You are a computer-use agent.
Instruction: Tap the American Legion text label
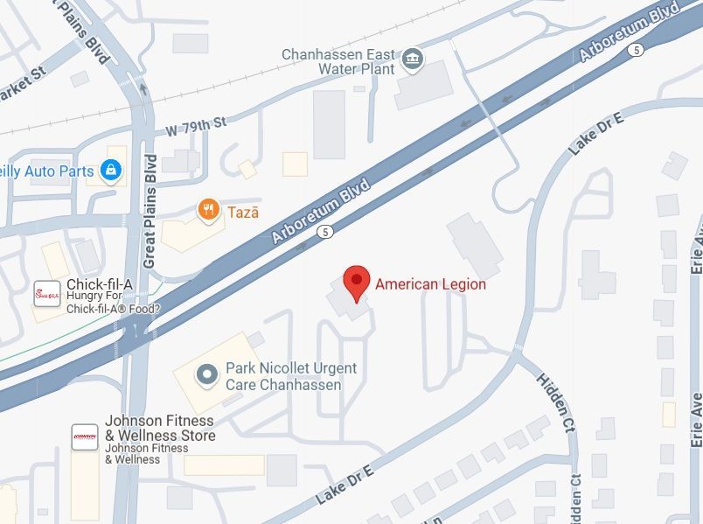coord(430,283)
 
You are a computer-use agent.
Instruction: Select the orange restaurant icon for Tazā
coord(208,209)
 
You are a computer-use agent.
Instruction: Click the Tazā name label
coord(243,211)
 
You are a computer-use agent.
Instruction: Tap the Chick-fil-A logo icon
coord(45,294)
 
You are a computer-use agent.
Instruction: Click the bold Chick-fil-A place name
coord(100,287)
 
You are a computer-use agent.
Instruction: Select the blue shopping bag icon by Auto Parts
coord(110,171)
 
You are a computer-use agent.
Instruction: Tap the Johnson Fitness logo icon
coord(85,437)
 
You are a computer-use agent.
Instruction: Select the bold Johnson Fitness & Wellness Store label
coord(159,428)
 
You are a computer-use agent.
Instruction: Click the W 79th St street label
coord(196,126)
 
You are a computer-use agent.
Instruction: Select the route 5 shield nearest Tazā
coord(325,232)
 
